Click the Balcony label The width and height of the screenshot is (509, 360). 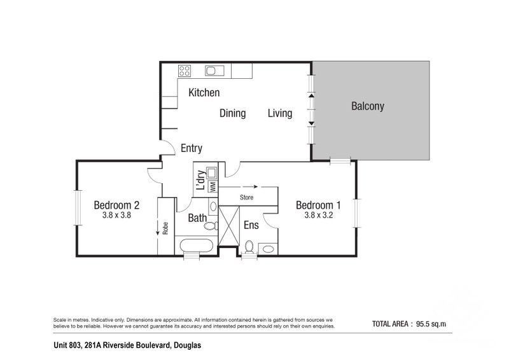tap(368, 106)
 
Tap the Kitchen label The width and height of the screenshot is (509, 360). tap(204, 92)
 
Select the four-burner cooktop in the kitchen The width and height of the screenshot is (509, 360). tap(185, 71)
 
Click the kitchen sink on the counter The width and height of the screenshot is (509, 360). tap(214, 71)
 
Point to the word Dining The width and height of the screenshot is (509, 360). tap(232, 113)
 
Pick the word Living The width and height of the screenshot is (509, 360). tap(280, 113)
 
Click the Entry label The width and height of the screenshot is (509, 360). tap(192, 148)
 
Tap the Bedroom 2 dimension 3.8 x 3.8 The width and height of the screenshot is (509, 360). tap(116, 215)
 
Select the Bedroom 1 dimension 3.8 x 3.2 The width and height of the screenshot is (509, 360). tap(319, 215)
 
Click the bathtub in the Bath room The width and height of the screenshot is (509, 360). tap(197, 246)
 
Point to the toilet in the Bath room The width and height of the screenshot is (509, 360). tap(211, 226)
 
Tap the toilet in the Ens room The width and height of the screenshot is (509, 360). tap(249, 247)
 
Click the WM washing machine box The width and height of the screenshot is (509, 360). tap(213, 186)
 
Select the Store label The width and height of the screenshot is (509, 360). tap(246, 197)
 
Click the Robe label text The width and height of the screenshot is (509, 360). tap(165, 228)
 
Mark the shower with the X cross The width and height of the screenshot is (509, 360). tap(229, 226)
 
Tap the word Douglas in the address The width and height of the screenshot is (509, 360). tap(187, 345)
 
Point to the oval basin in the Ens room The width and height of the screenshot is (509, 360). tap(268, 249)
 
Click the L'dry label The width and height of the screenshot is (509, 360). tap(201, 180)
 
